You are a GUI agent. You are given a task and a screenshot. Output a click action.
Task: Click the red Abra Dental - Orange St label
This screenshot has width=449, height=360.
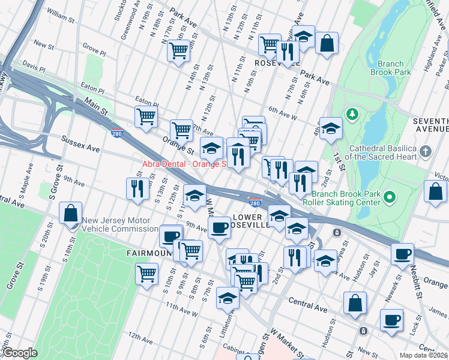(x=183, y=164)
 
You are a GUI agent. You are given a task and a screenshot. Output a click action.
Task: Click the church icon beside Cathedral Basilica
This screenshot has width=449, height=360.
(x=426, y=151)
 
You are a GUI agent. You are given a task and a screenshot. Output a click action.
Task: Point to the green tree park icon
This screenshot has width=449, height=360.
(x=352, y=113)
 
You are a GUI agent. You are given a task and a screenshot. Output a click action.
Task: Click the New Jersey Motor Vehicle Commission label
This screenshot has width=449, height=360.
(x=120, y=224)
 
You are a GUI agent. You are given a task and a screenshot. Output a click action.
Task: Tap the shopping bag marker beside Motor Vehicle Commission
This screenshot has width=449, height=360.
(x=71, y=213)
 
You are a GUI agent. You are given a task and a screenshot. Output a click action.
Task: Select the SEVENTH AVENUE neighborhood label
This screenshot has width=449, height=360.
(x=430, y=125)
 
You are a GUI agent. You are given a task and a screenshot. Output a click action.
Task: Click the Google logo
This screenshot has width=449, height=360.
(x=20, y=353)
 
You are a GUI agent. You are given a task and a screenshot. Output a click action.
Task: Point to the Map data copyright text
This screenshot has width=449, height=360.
(x=424, y=355)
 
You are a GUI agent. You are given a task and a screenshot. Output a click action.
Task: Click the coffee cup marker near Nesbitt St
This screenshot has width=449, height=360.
(x=402, y=253)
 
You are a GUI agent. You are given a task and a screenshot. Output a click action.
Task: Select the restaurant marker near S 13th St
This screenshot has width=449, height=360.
(x=137, y=188)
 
